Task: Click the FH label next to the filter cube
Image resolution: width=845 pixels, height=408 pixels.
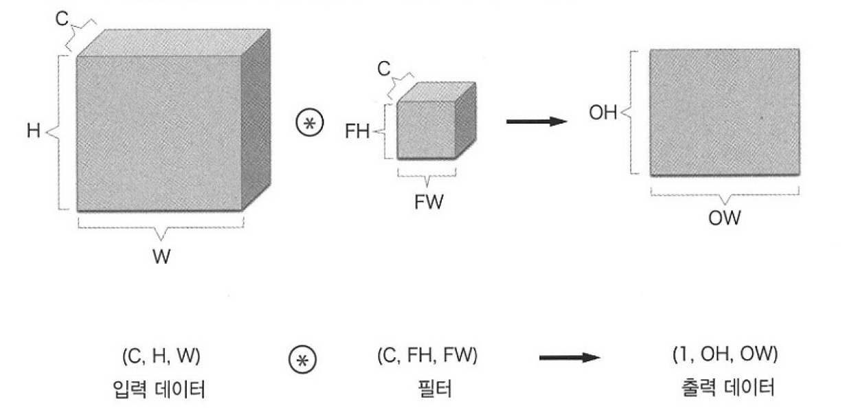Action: (x=359, y=132)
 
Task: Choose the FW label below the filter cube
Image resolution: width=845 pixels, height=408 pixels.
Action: (x=427, y=204)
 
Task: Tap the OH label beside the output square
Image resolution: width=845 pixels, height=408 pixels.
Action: (x=602, y=113)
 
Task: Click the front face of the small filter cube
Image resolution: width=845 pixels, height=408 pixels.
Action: (x=426, y=131)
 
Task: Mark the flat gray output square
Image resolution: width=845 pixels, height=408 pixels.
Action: (x=724, y=112)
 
